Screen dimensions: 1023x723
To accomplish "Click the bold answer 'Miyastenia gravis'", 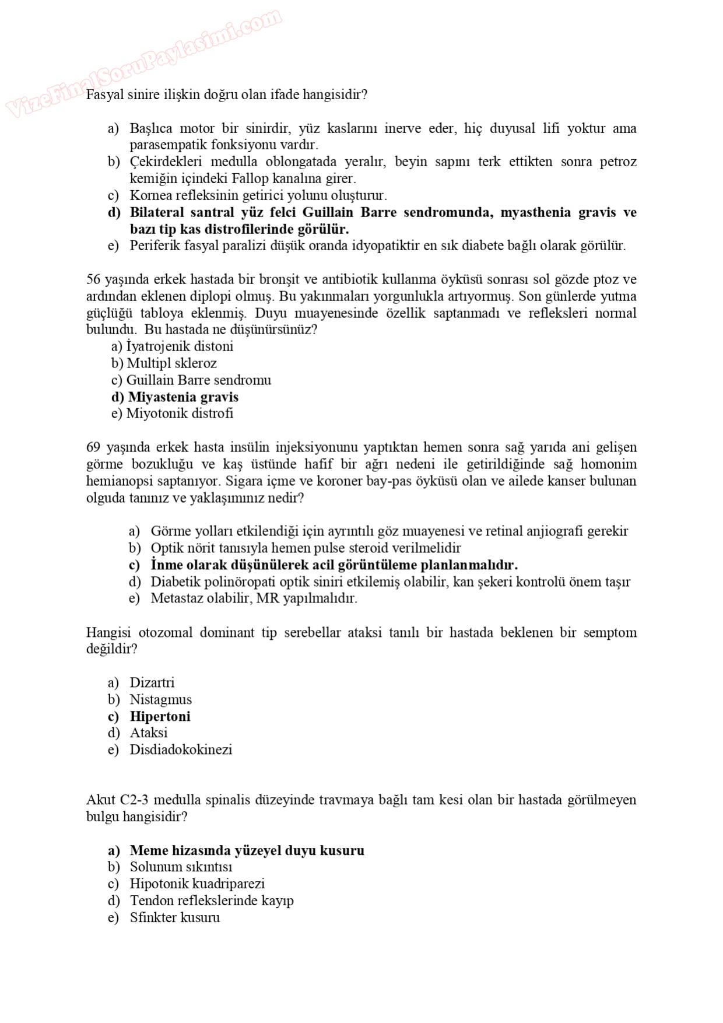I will click(183, 397).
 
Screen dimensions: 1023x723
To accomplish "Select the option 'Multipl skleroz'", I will click(172, 363).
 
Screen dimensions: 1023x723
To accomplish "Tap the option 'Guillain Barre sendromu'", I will click(198, 380).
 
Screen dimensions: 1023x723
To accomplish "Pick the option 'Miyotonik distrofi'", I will click(180, 414).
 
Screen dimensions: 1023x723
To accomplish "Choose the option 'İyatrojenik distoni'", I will click(180, 346).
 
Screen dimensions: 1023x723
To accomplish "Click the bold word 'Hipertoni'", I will click(160, 716).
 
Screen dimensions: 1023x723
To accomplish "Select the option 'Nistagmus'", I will click(160, 699).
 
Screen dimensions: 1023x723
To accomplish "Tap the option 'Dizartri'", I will click(152, 682).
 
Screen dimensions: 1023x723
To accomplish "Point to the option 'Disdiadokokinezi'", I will click(181, 749).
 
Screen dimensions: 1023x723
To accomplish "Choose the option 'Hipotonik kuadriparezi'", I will click(197, 884).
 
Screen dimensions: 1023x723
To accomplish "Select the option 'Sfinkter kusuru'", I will click(175, 917).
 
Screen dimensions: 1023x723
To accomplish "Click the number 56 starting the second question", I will click(93, 279).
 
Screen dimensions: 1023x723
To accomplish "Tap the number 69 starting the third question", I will click(93, 447).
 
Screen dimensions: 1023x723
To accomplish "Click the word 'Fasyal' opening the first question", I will click(105, 94).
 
